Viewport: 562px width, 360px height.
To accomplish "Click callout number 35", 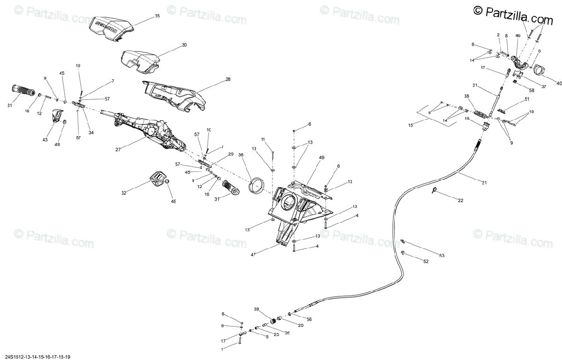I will click(157, 16).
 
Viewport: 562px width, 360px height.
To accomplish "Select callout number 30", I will click(184, 45).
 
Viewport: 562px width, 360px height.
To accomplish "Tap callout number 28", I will click(228, 80).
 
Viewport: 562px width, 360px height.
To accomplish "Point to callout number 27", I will click(118, 150).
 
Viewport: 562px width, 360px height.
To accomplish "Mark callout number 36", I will click(241, 155).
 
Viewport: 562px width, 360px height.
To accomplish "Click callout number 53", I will click(442, 256).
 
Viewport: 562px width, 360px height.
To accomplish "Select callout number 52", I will click(426, 262).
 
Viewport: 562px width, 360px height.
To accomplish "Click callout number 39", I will click(256, 309).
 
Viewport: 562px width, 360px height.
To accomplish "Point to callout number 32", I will click(124, 193).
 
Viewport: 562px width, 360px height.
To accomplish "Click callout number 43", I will click(45, 140).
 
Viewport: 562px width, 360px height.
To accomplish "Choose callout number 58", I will click(532, 90).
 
